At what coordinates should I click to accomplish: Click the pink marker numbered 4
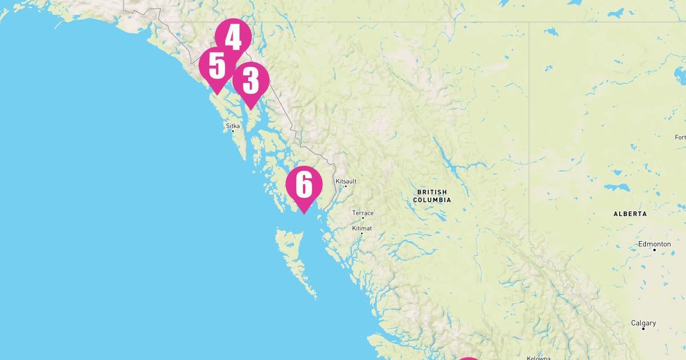[233, 38]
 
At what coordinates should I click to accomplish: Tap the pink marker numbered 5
[217, 67]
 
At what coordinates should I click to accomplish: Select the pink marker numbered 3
[250, 81]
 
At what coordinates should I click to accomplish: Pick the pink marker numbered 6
[304, 185]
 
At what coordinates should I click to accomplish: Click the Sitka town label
[233, 125]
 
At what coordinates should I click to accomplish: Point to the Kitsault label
[346, 181]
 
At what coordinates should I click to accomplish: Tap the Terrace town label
[363, 213]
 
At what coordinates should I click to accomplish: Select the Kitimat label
[362, 228]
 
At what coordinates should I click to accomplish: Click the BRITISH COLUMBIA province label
[433, 196]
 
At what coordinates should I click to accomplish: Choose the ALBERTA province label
[630, 214]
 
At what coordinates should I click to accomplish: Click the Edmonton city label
[655, 244]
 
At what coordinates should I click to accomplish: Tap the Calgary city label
[643, 323]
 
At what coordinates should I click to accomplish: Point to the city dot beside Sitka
[233, 131]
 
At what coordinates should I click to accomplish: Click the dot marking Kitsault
[345, 186]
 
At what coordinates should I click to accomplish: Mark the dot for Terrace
[362, 218]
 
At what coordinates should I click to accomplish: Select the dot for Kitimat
[361, 233]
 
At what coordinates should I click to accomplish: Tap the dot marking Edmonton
[655, 250]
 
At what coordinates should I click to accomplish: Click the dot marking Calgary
[643, 329]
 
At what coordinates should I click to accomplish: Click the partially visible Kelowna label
[538, 358]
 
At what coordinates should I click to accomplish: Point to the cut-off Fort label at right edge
[680, 137]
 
